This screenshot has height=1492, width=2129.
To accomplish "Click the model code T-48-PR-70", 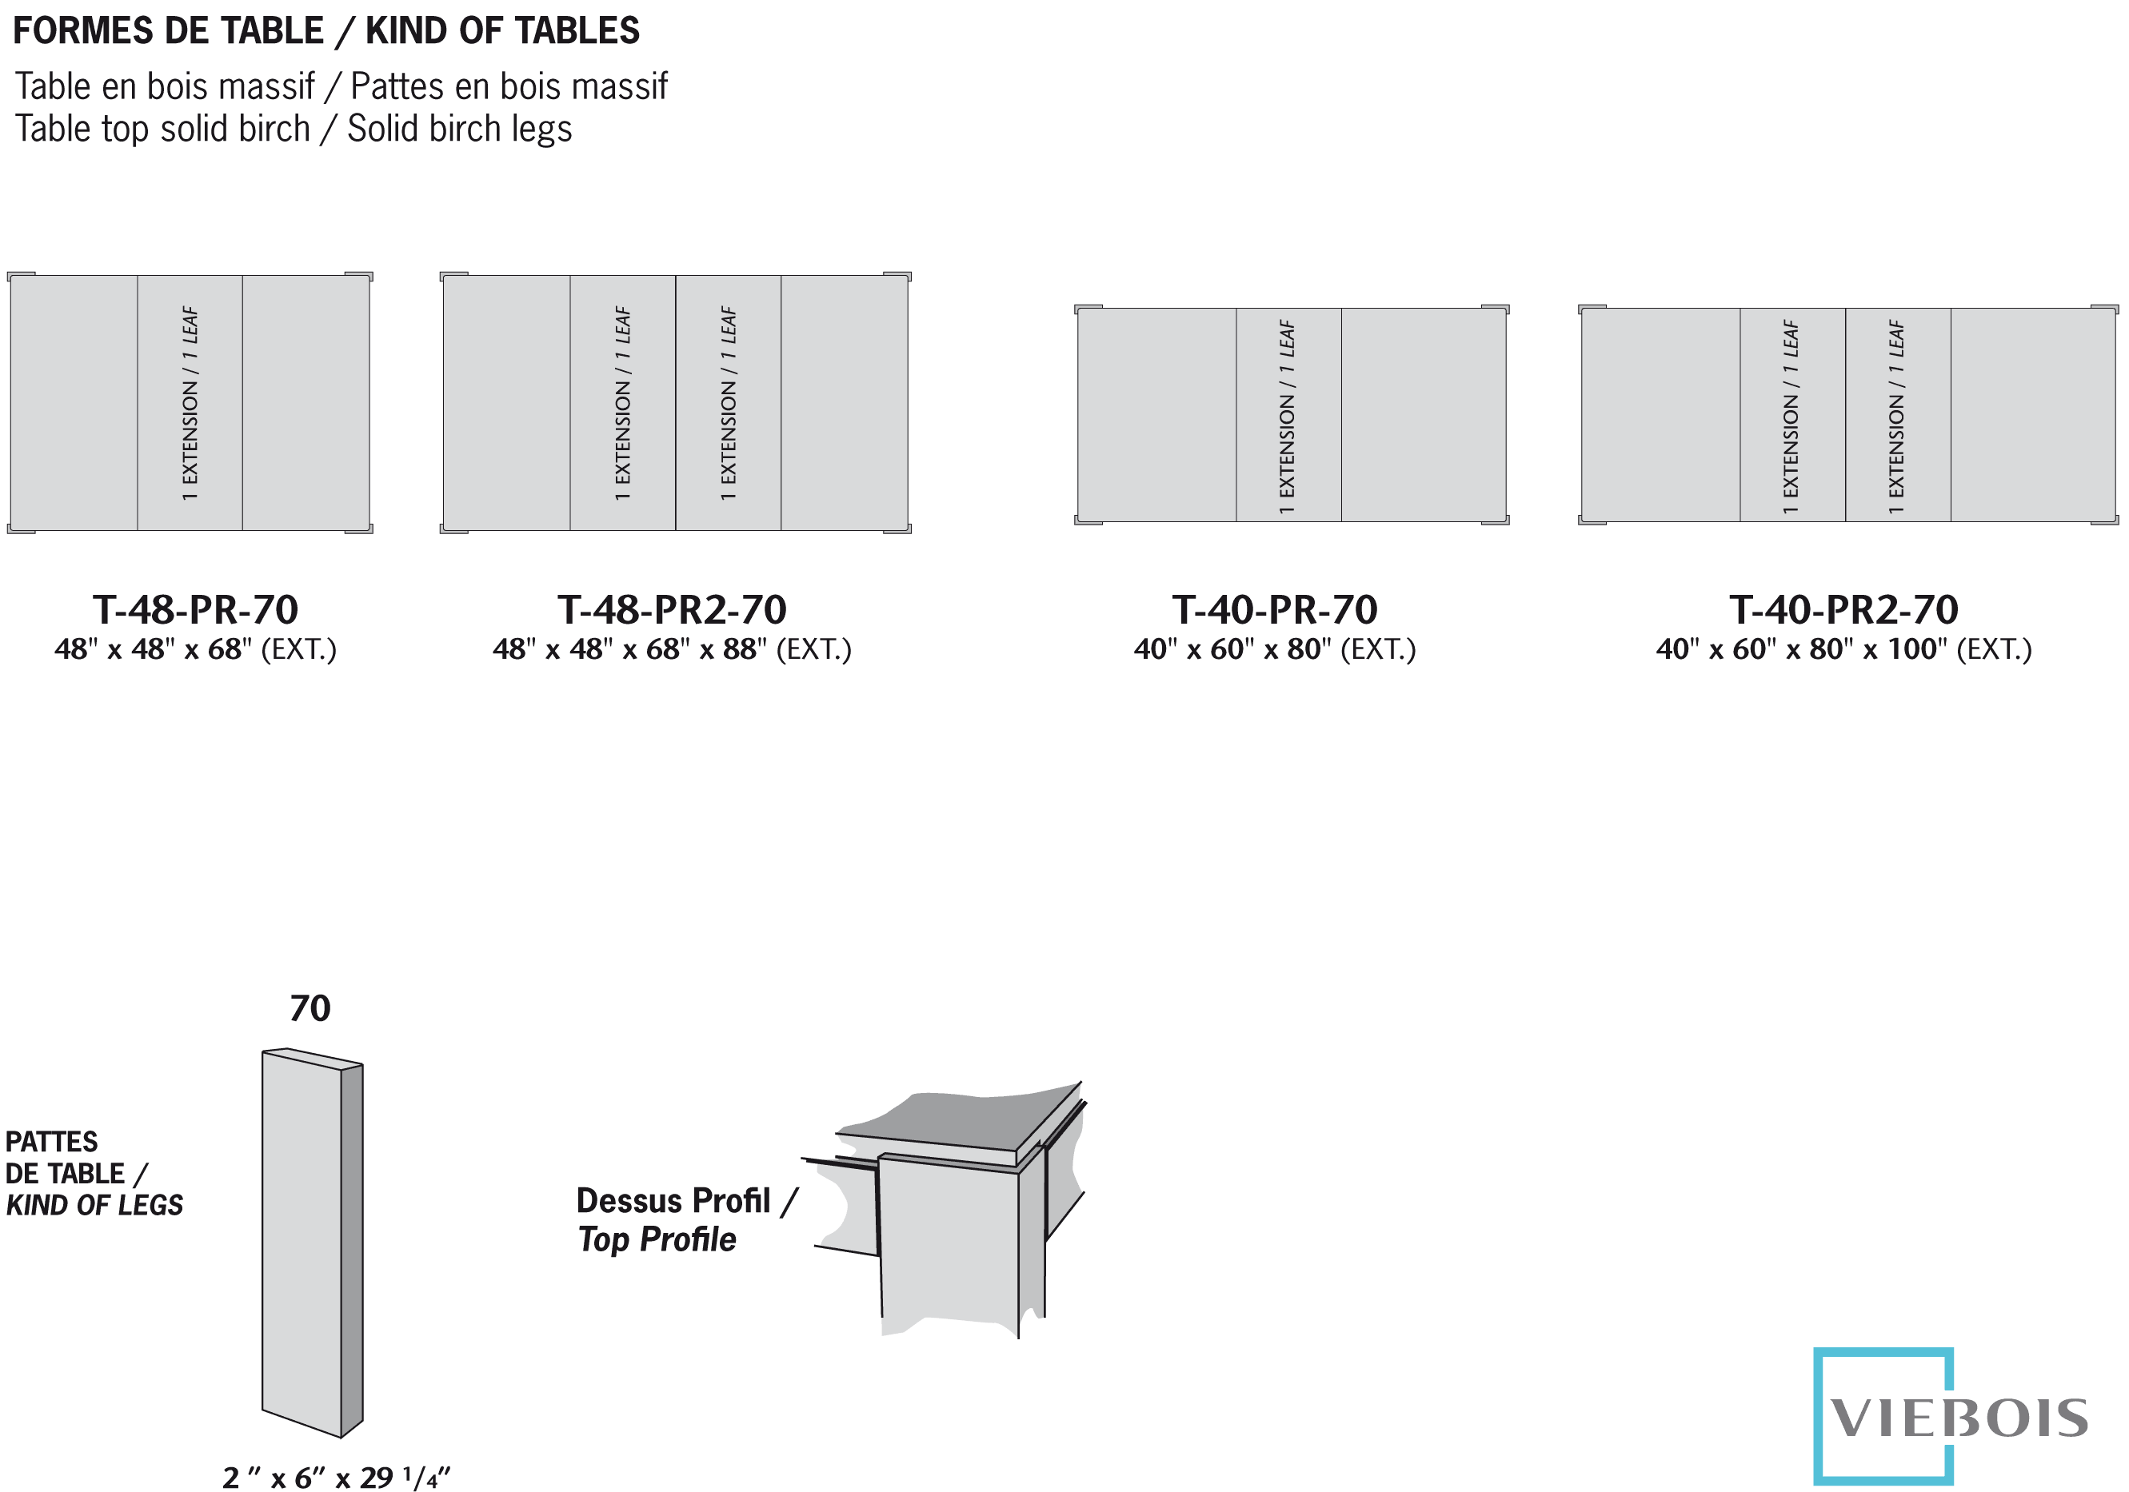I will [x=194, y=609].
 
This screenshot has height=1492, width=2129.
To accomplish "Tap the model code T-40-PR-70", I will [x=1274, y=609].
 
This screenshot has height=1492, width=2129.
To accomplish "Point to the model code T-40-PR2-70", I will [x=1843, y=609].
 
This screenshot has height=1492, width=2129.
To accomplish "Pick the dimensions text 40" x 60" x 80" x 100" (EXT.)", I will [x=1843, y=649].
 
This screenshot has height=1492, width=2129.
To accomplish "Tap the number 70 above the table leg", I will [x=310, y=1009].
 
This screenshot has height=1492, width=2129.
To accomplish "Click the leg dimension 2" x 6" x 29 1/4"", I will [x=336, y=1477].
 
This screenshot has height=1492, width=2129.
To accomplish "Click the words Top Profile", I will [x=657, y=1240].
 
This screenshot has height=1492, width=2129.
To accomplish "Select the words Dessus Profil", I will [x=673, y=1201].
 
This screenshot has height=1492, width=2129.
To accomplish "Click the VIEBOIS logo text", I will [x=1959, y=1418].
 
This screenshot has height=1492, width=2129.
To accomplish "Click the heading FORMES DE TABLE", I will [x=168, y=30].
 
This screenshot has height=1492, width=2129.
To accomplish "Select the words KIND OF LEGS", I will [x=94, y=1206].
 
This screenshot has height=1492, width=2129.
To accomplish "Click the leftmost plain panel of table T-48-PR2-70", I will [x=506, y=402].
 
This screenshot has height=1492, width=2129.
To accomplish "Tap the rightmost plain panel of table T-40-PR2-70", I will [x=2032, y=414].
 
